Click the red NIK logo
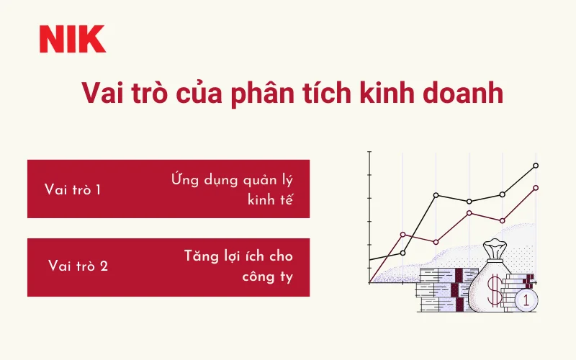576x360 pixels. coord(73,39)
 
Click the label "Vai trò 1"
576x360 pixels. coord(72,190)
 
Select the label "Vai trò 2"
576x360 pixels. coord(78,266)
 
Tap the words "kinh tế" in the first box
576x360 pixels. coord(270,200)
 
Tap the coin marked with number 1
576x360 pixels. coord(526,300)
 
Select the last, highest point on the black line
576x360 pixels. coord(536,166)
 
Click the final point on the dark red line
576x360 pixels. coord(536,188)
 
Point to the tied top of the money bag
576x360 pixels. coord(496,249)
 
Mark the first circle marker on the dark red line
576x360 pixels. coord(403,234)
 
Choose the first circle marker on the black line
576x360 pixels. coord(403,253)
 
